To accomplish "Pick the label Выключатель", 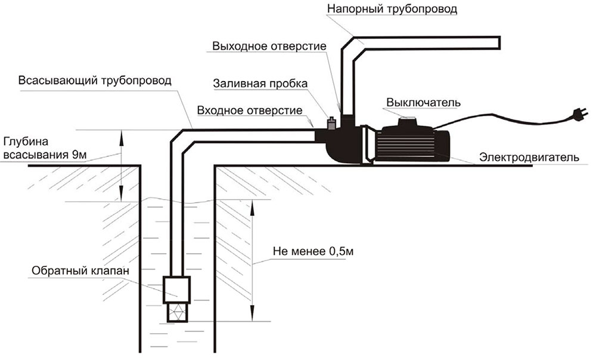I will (x=424, y=102).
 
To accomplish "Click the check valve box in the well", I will (x=177, y=288).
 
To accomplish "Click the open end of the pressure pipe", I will (x=498, y=42).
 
